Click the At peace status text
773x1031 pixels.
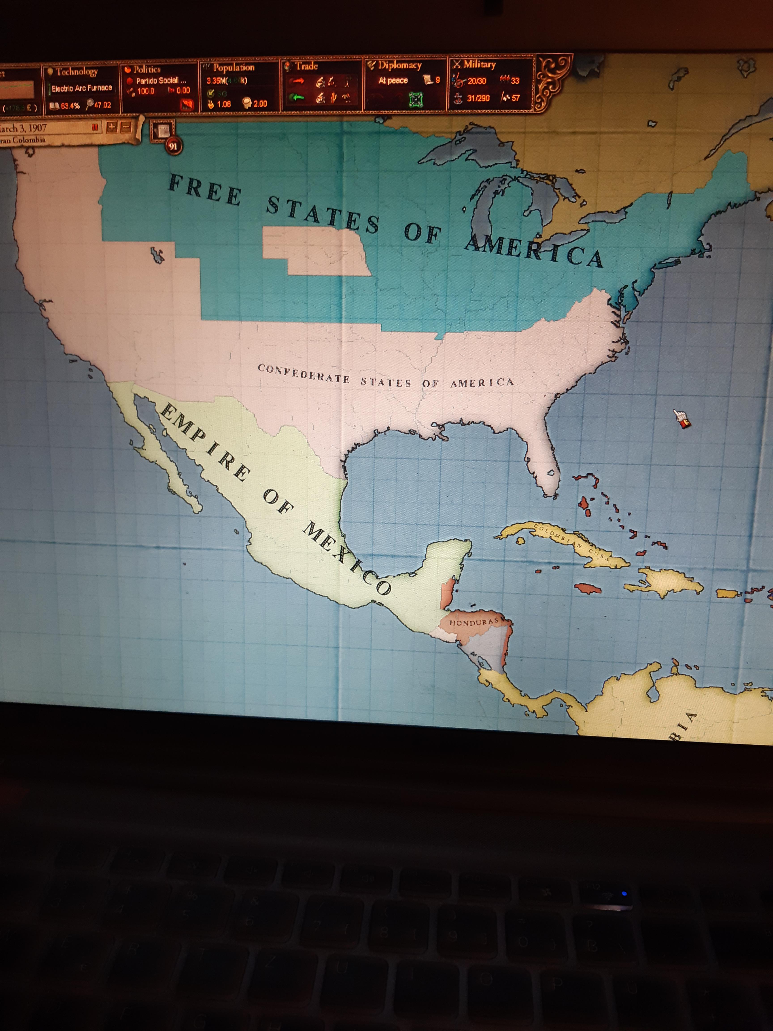coord(393,81)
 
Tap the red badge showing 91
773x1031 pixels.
coord(173,146)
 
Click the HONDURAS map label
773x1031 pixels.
coord(474,622)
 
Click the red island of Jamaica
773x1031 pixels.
coord(588,589)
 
